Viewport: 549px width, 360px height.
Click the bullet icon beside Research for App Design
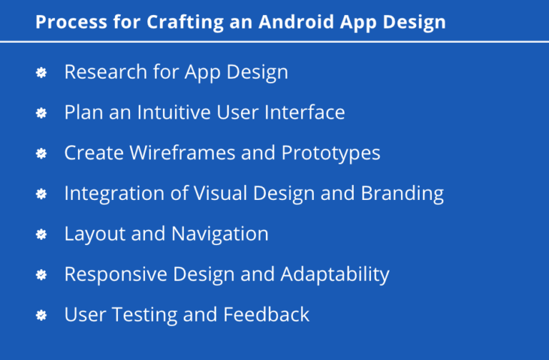(41, 72)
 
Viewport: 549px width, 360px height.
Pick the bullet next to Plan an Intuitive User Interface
(41, 113)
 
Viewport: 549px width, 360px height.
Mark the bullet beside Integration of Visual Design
(41, 194)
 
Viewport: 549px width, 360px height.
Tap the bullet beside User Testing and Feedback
(41, 314)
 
